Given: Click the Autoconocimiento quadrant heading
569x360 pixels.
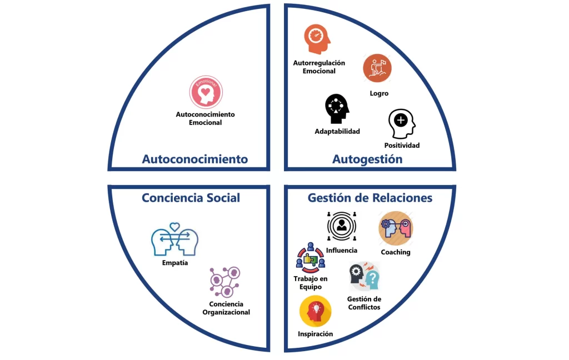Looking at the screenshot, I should [x=194, y=159].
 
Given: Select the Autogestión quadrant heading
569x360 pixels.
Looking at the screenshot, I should [x=367, y=159].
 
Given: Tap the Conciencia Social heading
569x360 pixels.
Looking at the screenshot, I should [x=191, y=198].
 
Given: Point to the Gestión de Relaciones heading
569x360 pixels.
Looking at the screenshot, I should [x=370, y=198].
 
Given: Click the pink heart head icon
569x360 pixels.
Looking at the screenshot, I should [x=206, y=92].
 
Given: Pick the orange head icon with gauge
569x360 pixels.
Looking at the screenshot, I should [x=317, y=39].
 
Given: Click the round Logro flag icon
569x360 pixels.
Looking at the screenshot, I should [x=377, y=68].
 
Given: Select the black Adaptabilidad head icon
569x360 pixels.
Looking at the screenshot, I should [x=337, y=108].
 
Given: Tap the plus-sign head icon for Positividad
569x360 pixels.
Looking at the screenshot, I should [x=401, y=123].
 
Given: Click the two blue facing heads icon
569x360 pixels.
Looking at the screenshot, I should [x=174, y=239].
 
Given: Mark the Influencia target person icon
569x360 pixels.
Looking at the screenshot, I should [x=342, y=227].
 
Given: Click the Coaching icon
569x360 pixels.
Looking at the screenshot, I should [x=396, y=228].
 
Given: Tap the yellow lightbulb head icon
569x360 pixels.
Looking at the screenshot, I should [x=316, y=311].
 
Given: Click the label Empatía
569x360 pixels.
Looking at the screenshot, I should [x=174, y=263].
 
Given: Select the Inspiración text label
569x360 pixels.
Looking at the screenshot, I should [x=316, y=334].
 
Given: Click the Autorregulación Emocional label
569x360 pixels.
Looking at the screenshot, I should [x=319, y=67].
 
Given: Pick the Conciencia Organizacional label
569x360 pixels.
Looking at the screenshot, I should [x=226, y=308].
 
